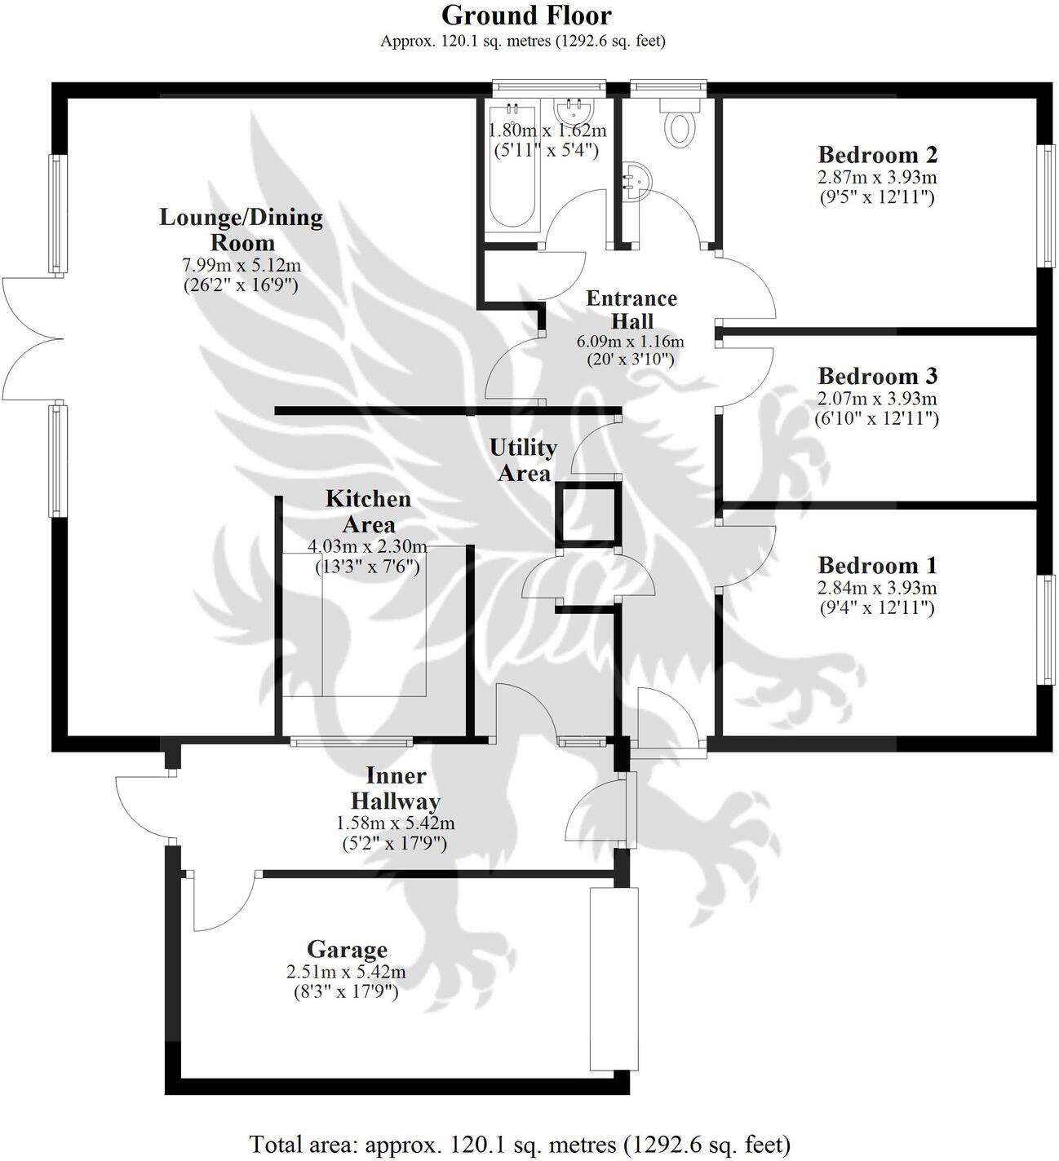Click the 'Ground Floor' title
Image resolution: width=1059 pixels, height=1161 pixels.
pos(526,15)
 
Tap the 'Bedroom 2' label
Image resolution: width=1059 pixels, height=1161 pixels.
pos(877,154)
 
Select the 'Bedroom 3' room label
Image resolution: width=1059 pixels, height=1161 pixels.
pos(877,377)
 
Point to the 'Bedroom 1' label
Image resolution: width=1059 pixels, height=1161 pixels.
pos(877,565)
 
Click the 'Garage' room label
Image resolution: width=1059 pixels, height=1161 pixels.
pos(347,950)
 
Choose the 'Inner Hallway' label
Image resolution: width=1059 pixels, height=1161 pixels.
pos(395,788)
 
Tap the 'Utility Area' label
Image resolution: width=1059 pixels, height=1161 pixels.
pos(523,460)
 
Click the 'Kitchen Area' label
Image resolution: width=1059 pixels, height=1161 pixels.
pos(368,511)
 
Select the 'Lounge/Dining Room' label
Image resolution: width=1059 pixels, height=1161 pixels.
pos(241,230)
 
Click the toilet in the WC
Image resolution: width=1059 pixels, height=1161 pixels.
pos(678,126)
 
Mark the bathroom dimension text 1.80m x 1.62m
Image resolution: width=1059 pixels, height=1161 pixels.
pos(547,130)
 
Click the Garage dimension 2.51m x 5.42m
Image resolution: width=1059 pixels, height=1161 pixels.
pos(346,972)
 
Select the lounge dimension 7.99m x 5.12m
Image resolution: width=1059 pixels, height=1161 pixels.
pos(241,265)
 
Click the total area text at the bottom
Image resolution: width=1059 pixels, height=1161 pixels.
pos(520,1144)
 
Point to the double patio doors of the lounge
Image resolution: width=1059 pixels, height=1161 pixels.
pos(31,338)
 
